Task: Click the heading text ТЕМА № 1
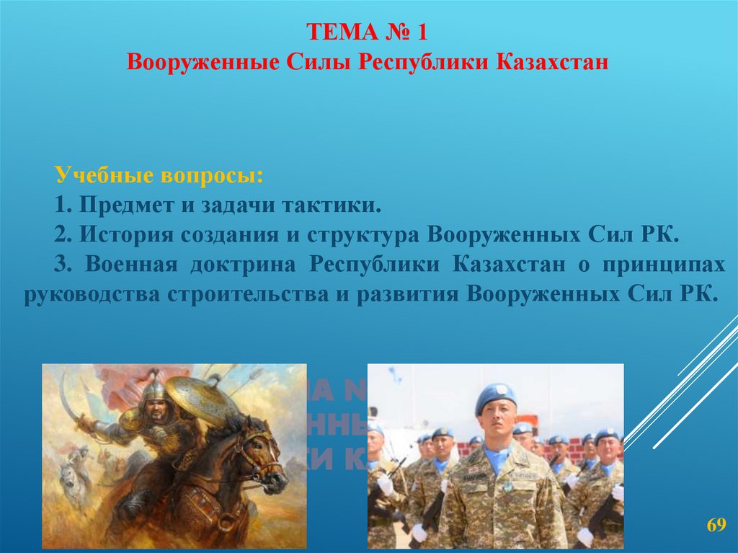click(x=368, y=32)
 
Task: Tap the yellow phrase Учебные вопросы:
click(x=159, y=175)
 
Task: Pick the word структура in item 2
click(x=363, y=234)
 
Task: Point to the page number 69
click(x=715, y=523)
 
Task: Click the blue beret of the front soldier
click(x=495, y=395)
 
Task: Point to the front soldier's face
click(x=498, y=425)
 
